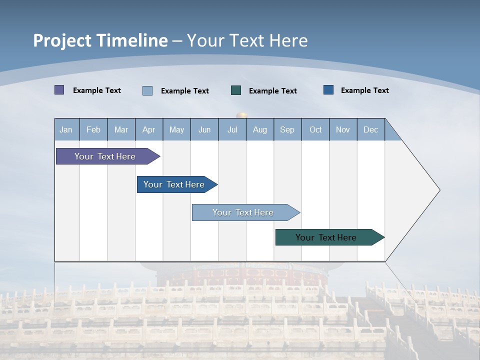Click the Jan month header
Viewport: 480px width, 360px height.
66,129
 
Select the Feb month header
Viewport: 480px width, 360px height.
93,129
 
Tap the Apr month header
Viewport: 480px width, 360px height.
148,129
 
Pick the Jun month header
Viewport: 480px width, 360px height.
204,129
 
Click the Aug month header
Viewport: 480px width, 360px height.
259,129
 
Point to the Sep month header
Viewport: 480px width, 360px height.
287,129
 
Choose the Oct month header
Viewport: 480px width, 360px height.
315,129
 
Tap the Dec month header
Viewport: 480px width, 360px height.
370,129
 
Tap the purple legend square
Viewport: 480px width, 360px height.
59,90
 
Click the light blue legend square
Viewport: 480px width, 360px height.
147,90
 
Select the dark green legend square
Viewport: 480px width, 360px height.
236,90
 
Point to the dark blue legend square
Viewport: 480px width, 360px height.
328,90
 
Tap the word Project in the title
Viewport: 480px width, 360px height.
62,40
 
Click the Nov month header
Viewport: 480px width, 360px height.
342,129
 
